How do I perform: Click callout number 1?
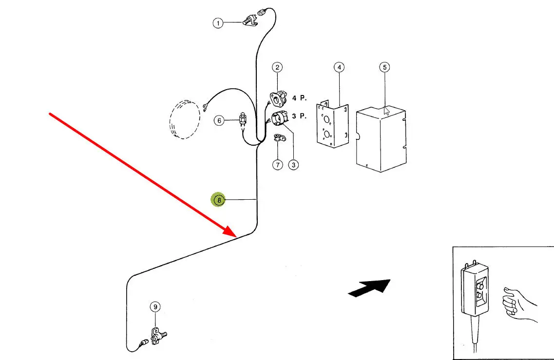(x=218, y=23)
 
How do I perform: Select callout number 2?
(x=277, y=67)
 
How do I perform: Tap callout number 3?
(x=293, y=165)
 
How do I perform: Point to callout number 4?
(x=339, y=67)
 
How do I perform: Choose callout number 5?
(x=385, y=67)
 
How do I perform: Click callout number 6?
(x=219, y=120)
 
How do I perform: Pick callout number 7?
(x=277, y=165)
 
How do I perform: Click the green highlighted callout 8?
(x=219, y=200)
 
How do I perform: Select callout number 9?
(x=155, y=307)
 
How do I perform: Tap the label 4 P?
(x=299, y=98)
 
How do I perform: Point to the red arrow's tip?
(x=236, y=235)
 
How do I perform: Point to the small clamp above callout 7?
(x=279, y=139)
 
